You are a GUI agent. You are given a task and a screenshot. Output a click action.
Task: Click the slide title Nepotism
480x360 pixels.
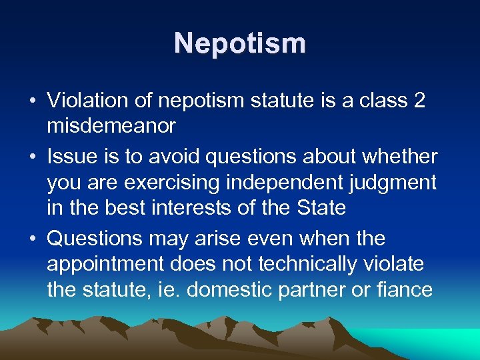click(x=240, y=43)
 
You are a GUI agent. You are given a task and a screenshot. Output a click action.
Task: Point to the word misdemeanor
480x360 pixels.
click(x=111, y=126)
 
